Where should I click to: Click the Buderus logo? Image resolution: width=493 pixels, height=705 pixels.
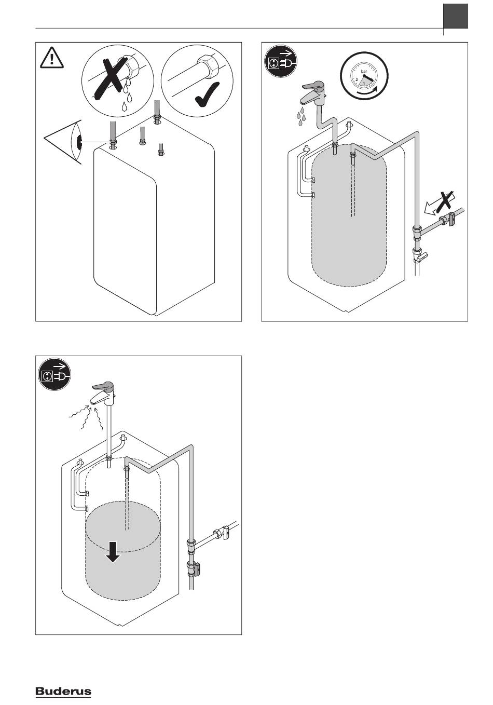coord(63,692)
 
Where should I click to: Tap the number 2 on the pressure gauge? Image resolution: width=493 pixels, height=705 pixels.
coord(357,79)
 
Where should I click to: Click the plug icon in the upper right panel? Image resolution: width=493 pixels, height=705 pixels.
coord(281,61)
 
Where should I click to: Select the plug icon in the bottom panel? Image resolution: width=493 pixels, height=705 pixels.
coord(54,375)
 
